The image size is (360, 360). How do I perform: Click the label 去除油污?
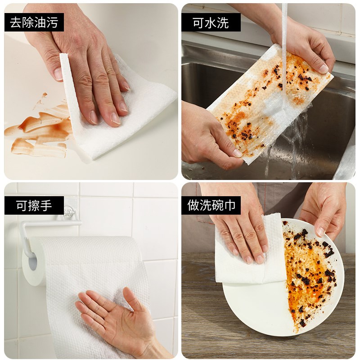click(34, 22)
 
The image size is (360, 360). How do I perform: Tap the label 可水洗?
click(211, 22)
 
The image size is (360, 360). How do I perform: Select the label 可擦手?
click(34, 206)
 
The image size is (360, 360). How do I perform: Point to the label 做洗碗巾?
click(211, 206)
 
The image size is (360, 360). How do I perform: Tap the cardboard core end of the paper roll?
click(30, 265)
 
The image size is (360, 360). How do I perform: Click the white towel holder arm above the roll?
click(49, 223)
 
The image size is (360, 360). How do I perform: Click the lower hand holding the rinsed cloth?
click(207, 139)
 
